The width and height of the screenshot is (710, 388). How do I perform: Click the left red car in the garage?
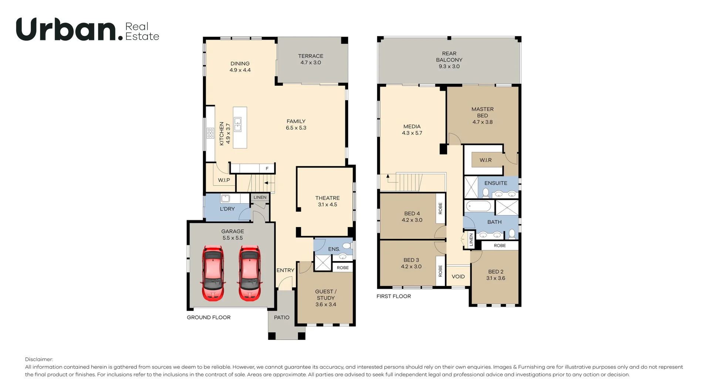click(213, 273)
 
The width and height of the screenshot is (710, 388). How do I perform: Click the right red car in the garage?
click(250, 273)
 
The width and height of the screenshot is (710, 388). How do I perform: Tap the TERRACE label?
click(311, 56)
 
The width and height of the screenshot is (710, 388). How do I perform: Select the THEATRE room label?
click(327, 198)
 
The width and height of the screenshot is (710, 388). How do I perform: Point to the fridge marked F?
click(267, 169)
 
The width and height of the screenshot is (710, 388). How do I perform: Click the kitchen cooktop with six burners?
click(210, 133)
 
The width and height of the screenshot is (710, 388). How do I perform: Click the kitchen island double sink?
click(237, 125)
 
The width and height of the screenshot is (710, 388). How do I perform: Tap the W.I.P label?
click(224, 180)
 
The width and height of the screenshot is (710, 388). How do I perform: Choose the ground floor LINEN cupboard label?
click(260, 198)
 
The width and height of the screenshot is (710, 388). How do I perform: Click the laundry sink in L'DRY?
click(226, 199)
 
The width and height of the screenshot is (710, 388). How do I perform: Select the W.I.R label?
click(486, 160)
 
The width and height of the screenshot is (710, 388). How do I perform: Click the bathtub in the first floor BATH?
click(479, 206)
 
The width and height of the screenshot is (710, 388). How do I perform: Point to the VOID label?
click(458, 277)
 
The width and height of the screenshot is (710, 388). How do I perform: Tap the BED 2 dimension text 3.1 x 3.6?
click(496, 278)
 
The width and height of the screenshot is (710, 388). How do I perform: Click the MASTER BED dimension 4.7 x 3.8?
click(483, 122)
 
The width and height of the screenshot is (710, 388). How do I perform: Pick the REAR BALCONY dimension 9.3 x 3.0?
click(449, 67)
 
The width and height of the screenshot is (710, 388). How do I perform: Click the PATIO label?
click(282, 317)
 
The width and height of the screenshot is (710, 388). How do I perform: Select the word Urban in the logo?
click(66, 29)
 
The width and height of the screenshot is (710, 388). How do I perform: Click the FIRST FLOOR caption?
click(393, 296)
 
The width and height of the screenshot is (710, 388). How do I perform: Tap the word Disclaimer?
click(39, 359)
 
